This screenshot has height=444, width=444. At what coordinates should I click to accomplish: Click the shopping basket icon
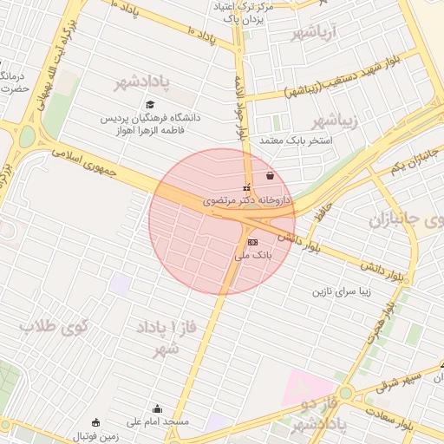click(x=271, y=176)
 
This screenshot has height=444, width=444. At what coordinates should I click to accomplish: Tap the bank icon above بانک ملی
click(x=252, y=242)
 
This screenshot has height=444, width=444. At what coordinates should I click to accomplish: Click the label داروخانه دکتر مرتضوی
click(x=250, y=199)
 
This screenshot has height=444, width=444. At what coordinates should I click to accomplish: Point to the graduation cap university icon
click(x=149, y=105)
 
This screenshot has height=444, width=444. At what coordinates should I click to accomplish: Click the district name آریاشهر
click(x=313, y=34)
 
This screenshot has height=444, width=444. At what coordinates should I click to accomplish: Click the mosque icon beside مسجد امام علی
click(x=157, y=408)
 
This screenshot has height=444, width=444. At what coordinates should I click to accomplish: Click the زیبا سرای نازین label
click(x=342, y=292)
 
